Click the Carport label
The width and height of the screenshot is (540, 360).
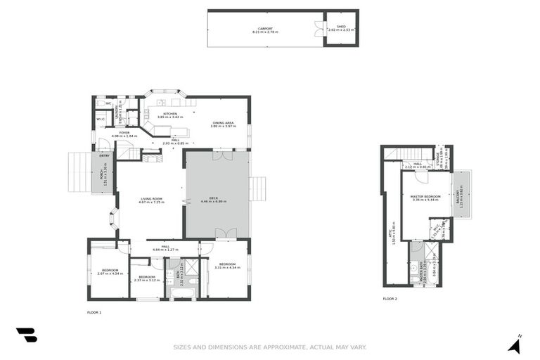point(262,30)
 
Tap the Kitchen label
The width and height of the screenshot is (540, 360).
point(170,115)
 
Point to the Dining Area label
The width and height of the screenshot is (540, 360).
point(223,124)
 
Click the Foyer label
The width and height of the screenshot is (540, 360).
point(124,134)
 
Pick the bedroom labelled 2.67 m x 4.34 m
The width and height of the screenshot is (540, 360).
point(110,271)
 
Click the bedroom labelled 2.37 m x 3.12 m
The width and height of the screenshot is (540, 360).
point(146,278)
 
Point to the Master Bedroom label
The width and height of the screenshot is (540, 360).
point(426,198)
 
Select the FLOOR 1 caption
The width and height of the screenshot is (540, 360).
point(94,311)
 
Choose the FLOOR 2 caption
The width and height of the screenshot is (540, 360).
point(390,299)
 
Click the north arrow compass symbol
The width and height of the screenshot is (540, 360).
point(515,345)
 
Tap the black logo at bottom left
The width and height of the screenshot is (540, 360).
point(26,335)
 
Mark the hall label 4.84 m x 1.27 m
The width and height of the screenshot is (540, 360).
point(166,248)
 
